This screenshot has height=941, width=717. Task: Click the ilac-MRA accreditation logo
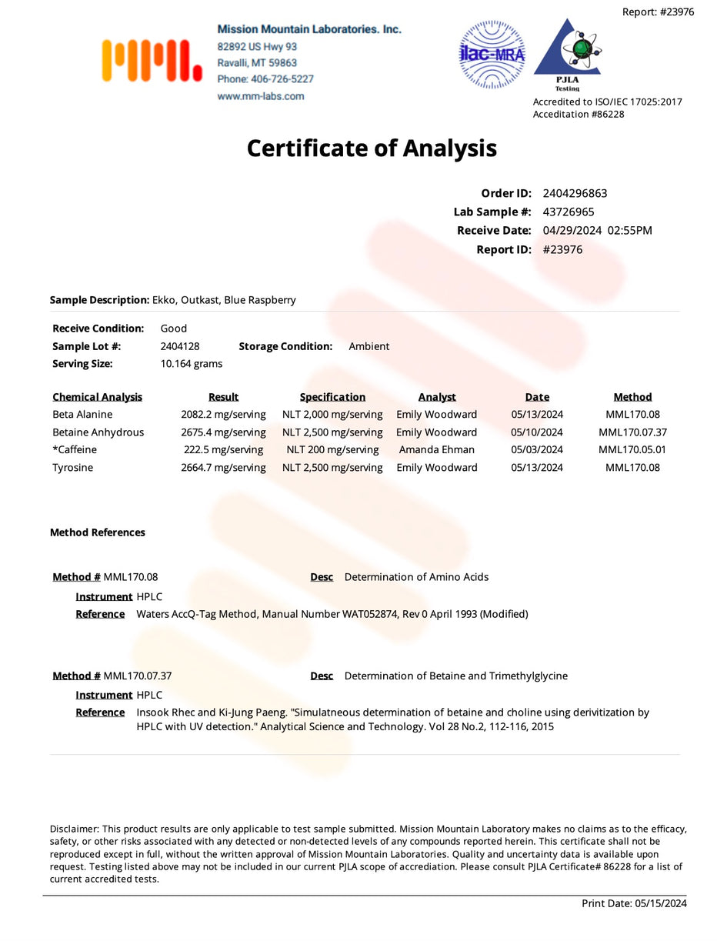coord(492,55)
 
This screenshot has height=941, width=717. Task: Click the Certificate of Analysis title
coord(372,148)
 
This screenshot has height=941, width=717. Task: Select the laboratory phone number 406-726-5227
coord(265,79)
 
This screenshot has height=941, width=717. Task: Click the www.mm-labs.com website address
coord(260,96)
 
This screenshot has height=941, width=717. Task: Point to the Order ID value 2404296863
coord(575,193)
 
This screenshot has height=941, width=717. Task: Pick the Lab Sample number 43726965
coord(569,212)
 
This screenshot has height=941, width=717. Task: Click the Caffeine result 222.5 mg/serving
coord(223,449)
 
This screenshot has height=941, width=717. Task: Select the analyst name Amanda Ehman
coord(437,449)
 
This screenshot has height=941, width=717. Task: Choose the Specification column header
coord(332,397)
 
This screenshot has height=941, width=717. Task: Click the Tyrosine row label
coord(72,467)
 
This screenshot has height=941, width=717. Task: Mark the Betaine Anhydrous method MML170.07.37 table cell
coord(632,432)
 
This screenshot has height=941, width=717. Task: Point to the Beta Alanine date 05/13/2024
coord(537,414)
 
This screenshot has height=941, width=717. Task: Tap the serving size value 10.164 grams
coord(192,363)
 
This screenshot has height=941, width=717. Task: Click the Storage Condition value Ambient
coord(369,346)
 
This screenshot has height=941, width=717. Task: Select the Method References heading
coord(98,532)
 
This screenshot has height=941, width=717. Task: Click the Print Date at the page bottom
coord(634,903)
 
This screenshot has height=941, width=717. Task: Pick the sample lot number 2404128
coord(180,346)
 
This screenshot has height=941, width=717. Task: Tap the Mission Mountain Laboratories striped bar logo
coord(152,61)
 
